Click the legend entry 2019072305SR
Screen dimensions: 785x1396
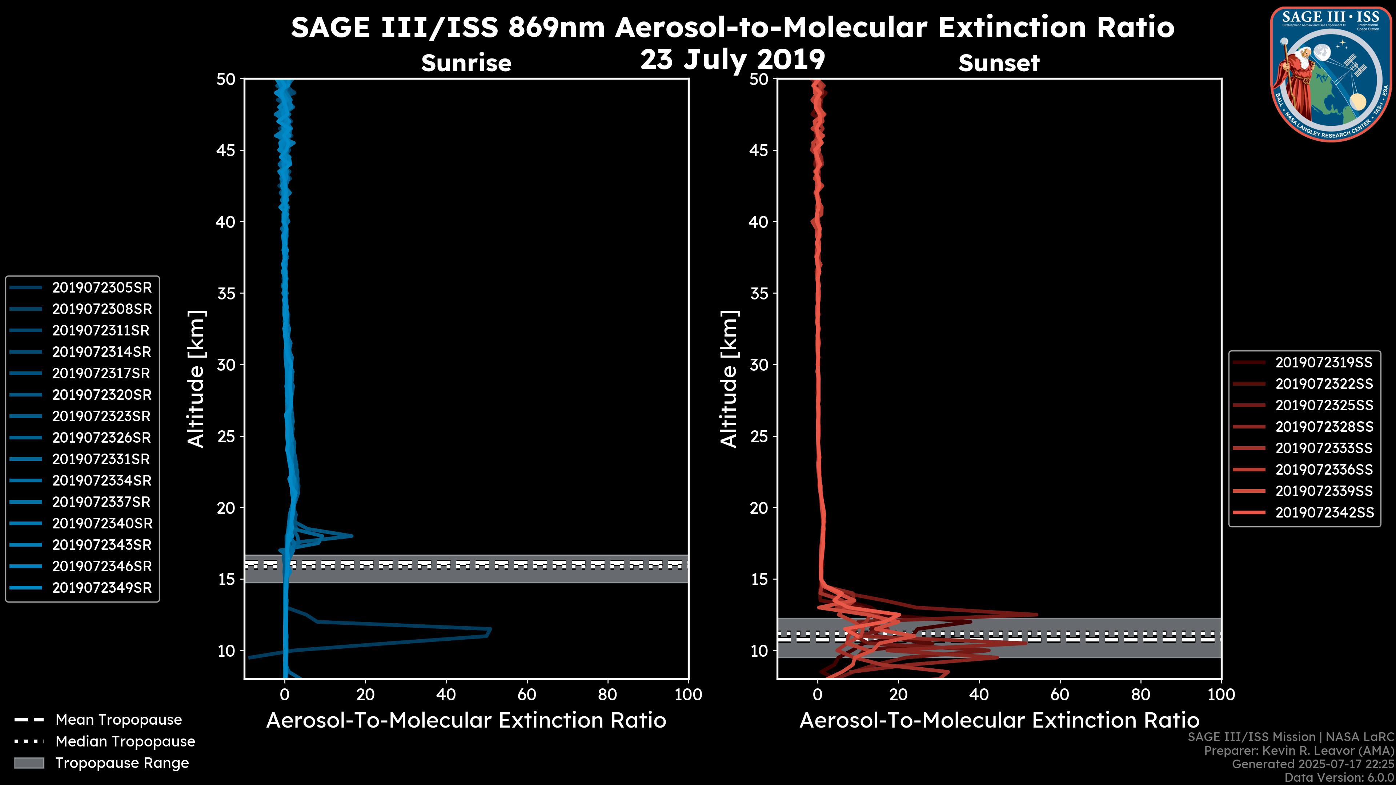click(x=102, y=288)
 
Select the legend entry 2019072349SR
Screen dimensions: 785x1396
click(x=102, y=588)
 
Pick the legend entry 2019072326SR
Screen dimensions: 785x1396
click(x=102, y=438)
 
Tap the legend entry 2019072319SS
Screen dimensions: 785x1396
click(x=1324, y=362)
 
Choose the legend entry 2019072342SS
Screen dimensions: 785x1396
click(x=1324, y=512)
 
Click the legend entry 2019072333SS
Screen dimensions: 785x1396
click(x=1324, y=448)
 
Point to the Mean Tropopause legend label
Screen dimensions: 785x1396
click(x=119, y=720)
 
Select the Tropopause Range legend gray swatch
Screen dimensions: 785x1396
click(x=29, y=763)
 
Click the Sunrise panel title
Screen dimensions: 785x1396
click(x=466, y=63)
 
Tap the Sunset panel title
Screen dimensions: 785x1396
click(x=999, y=63)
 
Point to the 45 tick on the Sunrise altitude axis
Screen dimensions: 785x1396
click(x=226, y=150)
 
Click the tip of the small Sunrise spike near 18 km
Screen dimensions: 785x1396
click(x=352, y=536)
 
